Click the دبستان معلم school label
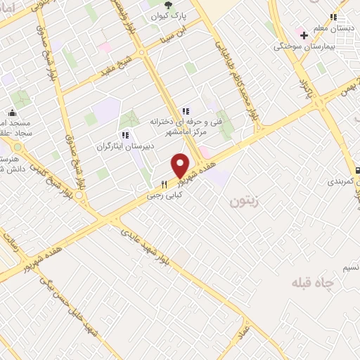point(333,28)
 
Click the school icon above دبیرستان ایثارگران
point(124,135)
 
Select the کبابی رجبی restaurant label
point(164,196)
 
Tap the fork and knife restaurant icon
point(164,185)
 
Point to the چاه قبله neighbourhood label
point(314,283)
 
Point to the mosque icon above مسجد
point(12,112)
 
